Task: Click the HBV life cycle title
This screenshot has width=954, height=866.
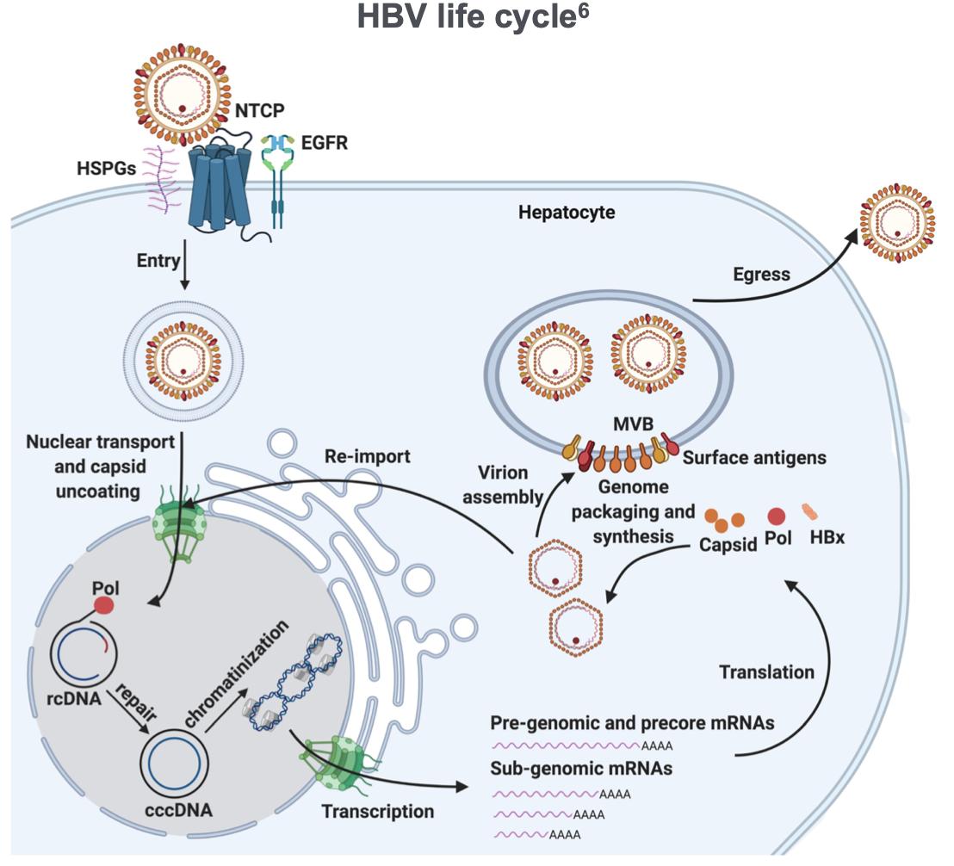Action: [x=475, y=22]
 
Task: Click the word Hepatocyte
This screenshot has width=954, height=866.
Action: [x=567, y=212]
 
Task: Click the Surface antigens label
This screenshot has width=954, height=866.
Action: [x=754, y=458]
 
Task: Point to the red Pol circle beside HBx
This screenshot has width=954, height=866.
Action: [x=777, y=517]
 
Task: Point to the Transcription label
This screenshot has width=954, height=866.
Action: [x=378, y=810]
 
